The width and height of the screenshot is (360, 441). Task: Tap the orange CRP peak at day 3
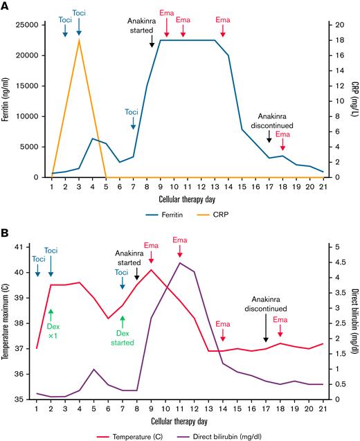tap(79, 39)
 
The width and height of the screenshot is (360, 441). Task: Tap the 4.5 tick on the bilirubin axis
tap(332, 262)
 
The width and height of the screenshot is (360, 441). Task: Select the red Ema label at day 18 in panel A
tap(282, 136)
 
